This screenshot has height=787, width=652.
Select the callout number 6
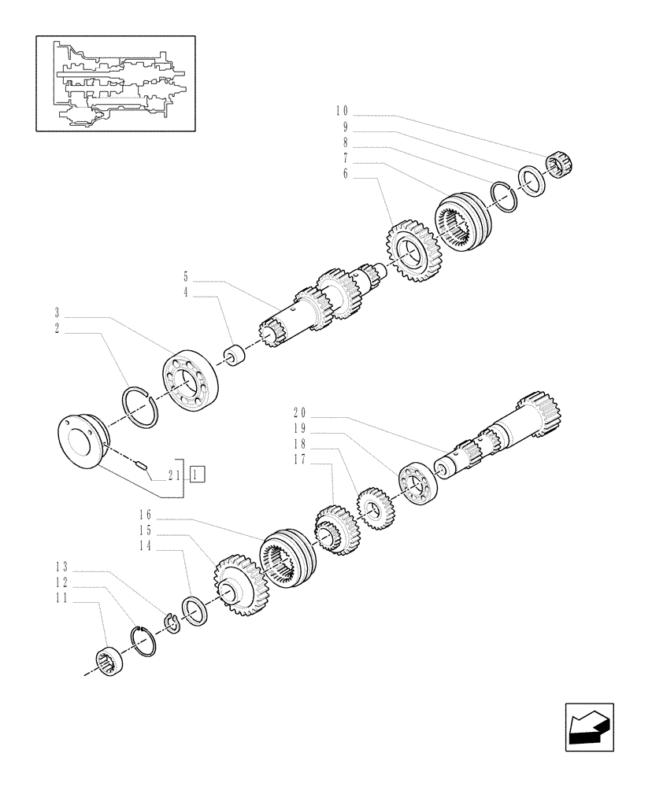(x=345, y=174)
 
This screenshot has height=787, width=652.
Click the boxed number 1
(x=198, y=474)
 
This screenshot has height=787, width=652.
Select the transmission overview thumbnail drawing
(x=115, y=83)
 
